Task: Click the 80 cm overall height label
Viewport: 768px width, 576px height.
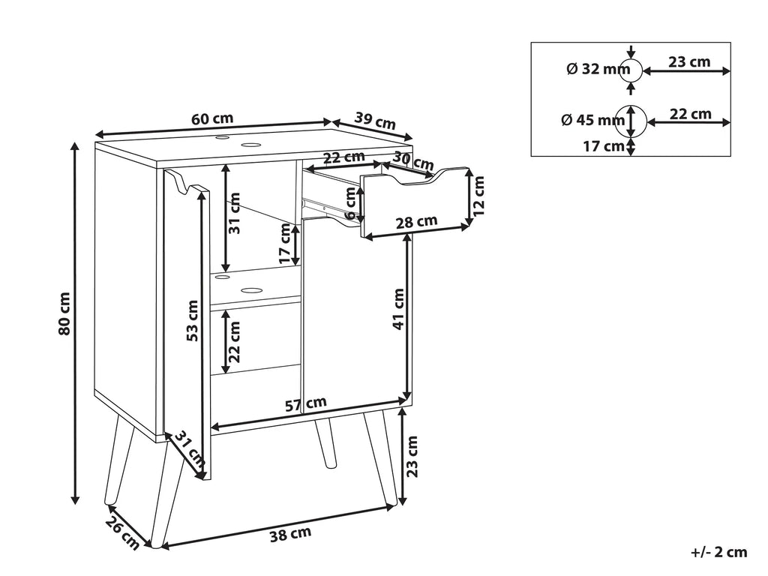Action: click(x=64, y=314)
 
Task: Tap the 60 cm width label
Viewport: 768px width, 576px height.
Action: click(x=212, y=119)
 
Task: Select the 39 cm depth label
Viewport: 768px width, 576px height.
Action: click(x=375, y=121)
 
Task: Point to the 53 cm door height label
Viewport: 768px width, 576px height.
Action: click(x=193, y=320)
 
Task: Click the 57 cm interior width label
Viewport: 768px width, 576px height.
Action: click(x=306, y=404)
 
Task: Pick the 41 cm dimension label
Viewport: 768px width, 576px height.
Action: click(x=399, y=309)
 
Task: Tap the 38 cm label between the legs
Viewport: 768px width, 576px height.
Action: click(x=290, y=534)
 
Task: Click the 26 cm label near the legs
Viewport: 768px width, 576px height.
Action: click(x=122, y=534)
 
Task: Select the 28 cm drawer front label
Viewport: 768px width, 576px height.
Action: click(x=416, y=222)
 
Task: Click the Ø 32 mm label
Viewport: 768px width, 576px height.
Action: click(x=598, y=69)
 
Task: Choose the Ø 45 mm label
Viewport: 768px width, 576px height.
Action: click(x=593, y=120)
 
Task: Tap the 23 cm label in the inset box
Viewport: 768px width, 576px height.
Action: click(x=689, y=61)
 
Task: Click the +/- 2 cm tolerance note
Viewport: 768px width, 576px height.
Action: click(x=719, y=553)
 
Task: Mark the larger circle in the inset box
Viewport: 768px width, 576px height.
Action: click(x=631, y=121)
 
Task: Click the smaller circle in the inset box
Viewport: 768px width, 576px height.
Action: click(x=631, y=71)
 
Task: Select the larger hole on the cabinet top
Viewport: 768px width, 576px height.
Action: click(x=251, y=145)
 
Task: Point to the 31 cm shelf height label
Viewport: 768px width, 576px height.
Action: click(x=235, y=212)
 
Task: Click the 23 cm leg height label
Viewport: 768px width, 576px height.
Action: click(x=412, y=456)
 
